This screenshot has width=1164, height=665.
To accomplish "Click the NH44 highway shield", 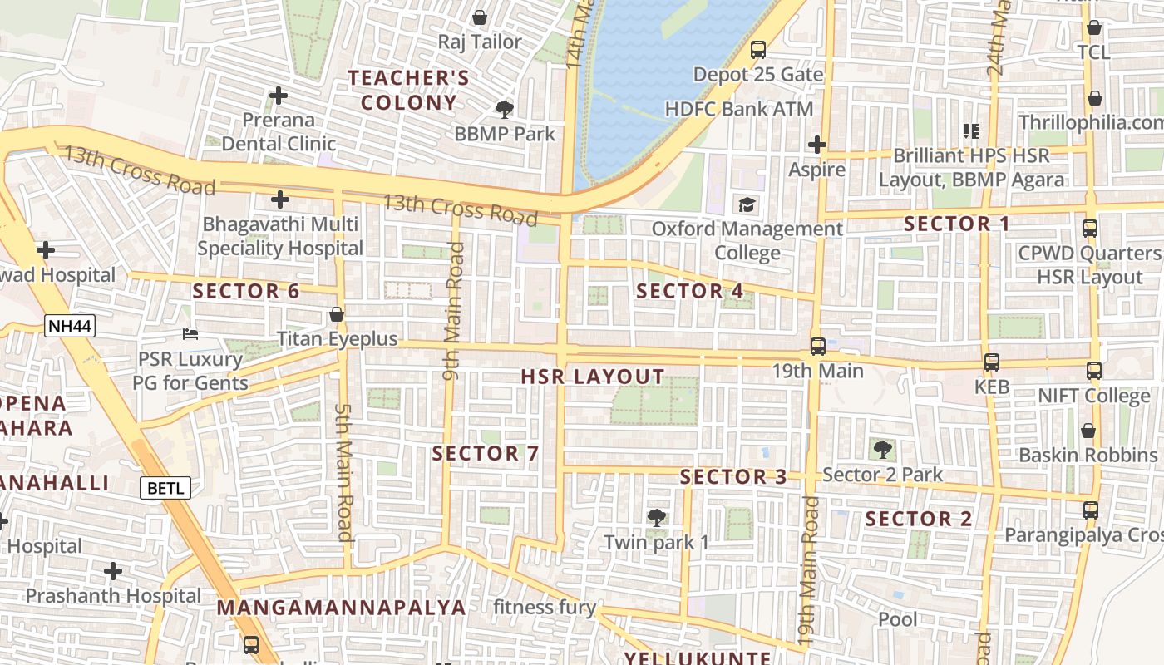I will [x=70, y=327].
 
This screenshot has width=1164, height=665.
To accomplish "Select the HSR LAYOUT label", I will [x=592, y=377].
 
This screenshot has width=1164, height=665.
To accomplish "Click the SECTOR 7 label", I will [x=486, y=454].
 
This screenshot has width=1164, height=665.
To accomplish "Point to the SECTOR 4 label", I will [x=689, y=291].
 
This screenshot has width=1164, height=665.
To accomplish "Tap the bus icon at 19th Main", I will [x=817, y=346].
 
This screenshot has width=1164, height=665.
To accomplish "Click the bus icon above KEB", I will [x=991, y=362].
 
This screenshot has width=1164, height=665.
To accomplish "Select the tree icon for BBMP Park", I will [x=504, y=109].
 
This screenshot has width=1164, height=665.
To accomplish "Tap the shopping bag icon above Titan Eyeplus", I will [x=337, y=314].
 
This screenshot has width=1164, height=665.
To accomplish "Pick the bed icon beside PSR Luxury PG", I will [x=190, y=334].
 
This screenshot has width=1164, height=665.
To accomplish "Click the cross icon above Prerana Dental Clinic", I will [x=279, y=96].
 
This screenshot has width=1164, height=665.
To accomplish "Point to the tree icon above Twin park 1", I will [x=656, y=518].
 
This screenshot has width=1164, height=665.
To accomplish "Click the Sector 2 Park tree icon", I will [x=882, y=450].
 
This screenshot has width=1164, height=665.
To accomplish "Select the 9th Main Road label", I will [x=452, y=311].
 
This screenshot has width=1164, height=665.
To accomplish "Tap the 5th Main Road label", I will [x=344, y=471].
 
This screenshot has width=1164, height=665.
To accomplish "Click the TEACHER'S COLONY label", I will [x=408, y=91].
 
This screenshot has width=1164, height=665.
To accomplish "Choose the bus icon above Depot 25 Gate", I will [x=757, y=50].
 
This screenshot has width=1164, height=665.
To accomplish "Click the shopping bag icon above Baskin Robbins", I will [x=1088, y=431].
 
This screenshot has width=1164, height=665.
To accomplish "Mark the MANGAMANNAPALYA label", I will [x=341, y=608].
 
